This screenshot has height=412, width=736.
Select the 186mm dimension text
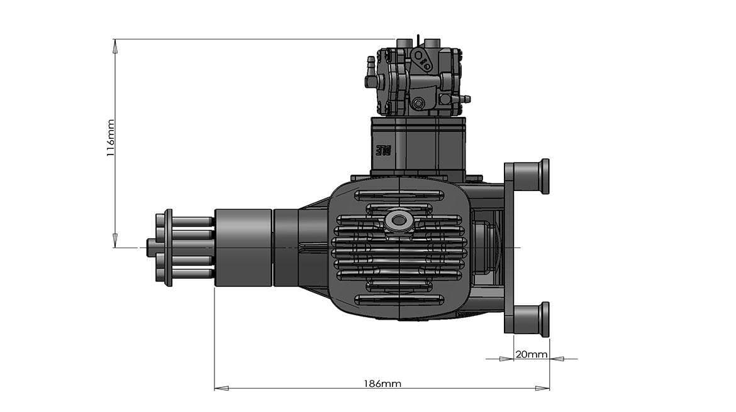point(382,383)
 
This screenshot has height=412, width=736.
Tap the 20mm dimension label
point(531,354)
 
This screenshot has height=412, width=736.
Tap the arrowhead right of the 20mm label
point(557,359)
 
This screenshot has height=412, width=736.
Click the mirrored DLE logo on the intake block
point(382,151)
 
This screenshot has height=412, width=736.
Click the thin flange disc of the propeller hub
point(168,247)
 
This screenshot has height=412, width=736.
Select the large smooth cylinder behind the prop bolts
point(243,247)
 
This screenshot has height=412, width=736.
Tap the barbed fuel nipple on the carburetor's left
point(371,63)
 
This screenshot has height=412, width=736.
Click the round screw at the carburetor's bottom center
point(417,103)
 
